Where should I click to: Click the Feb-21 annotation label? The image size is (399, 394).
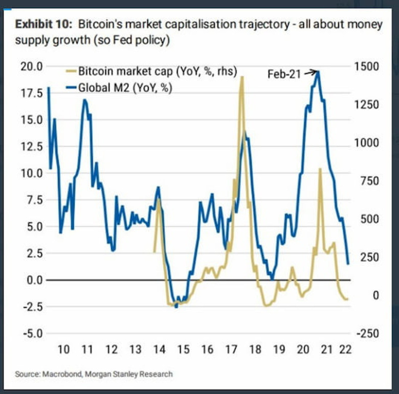284,74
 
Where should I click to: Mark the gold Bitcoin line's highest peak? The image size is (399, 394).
241,77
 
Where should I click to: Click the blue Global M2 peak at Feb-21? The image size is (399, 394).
318,72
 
